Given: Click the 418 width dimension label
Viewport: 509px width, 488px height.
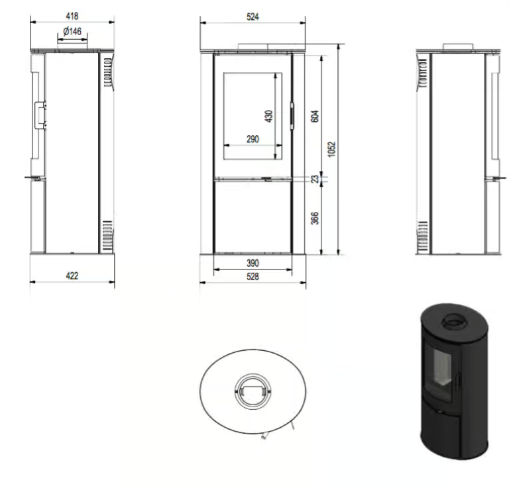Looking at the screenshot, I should click(x=72, y=15).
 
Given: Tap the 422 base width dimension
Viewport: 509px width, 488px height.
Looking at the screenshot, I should click(x=72, y=275).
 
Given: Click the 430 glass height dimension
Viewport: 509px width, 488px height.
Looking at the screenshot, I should click(x=268, y=117).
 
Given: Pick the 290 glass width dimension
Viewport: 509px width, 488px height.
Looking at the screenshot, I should click(x=252, y=139).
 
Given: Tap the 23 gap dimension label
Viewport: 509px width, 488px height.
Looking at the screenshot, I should click(x=315, y=179).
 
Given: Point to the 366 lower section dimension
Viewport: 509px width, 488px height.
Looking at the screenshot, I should click(x=315, y=218).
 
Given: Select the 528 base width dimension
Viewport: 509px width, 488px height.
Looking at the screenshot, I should click(x=253, y=277).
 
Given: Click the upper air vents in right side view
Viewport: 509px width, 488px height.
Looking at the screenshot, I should click(x=421, y=72).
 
